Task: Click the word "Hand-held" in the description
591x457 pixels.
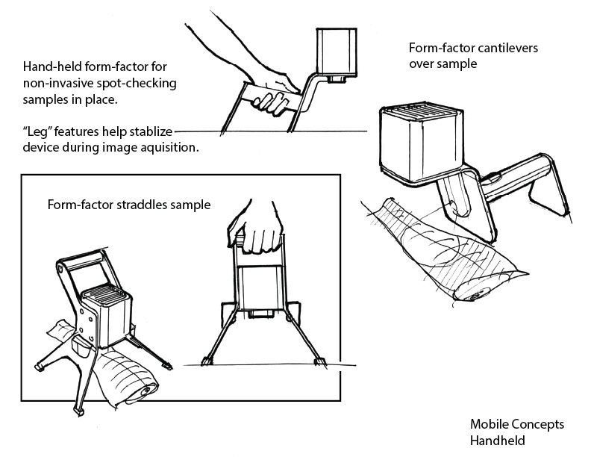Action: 51,65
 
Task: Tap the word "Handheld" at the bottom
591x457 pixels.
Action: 497,440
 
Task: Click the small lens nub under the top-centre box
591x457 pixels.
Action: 337,77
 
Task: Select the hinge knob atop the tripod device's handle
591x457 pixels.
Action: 60,267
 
